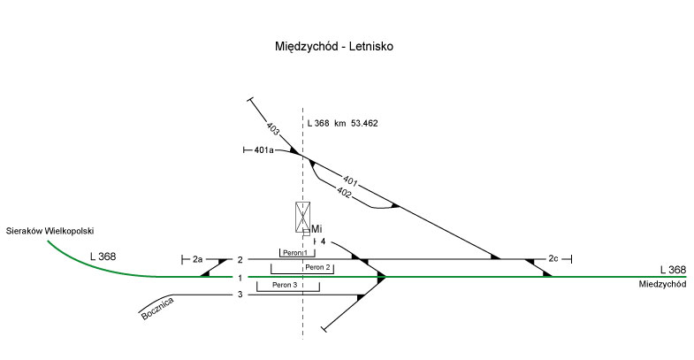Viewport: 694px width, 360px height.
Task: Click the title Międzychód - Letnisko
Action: click(x=333, y=46)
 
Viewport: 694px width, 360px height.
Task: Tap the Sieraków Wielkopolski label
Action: click(x=50, y=230)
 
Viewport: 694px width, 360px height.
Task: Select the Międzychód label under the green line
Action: click(x=662, y=285)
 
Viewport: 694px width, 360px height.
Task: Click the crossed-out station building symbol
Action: click(x=303, y=216)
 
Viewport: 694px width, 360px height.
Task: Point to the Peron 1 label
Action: click(x=294, y=253)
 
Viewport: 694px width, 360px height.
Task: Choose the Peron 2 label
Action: click(x=316, y=267)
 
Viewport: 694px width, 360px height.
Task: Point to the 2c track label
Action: click(x=553, y=259)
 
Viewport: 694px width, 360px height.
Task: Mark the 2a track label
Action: click(x=197, y=259)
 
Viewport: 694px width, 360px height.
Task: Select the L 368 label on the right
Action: click(x=672, y=270)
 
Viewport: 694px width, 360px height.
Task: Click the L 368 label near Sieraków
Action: click(x=103, y=257)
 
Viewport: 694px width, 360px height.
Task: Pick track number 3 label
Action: click(x=239, y=295)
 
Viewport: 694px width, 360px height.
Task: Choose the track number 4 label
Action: click(x=323, y=241)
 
